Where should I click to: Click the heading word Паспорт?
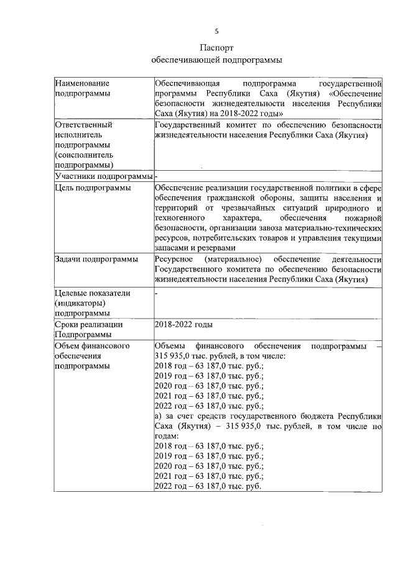click(x=217, y=48)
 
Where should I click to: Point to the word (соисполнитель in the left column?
click(x=84, y=155)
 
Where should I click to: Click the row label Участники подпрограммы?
click(x=103, y=176)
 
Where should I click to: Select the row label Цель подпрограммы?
click(x=93, y=188)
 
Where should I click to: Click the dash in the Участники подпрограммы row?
click(x=156, y=176)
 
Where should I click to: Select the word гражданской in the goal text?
click(x=228, y=198)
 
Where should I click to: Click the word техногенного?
click(x=180, y=219)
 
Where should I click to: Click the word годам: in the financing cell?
click(x=165, y=435)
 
